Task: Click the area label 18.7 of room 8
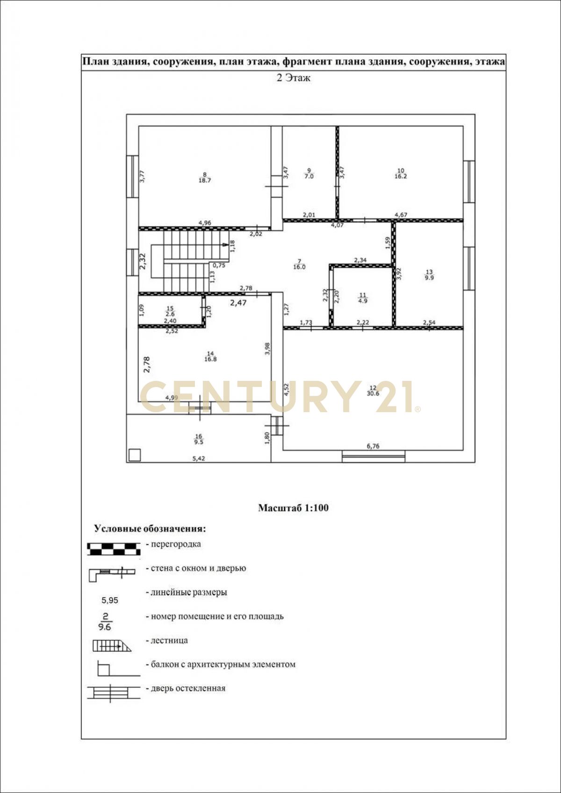pos(205,180)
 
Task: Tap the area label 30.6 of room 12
pos(373,393)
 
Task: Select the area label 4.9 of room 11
pos(363,301)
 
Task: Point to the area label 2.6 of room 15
pos(170,314)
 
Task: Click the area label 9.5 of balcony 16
pos(199,442)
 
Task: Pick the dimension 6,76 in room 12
pos(373,446)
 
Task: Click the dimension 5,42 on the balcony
pos(199,458)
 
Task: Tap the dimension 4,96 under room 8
pos(205,223)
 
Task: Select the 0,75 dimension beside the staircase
pos(219,265)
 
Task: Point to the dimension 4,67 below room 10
pos(401,214)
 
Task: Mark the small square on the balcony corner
pos(135,455)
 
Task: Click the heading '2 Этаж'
pos(293,78)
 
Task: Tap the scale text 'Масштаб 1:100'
pos(293,508)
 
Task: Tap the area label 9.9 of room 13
pos(429,278)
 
